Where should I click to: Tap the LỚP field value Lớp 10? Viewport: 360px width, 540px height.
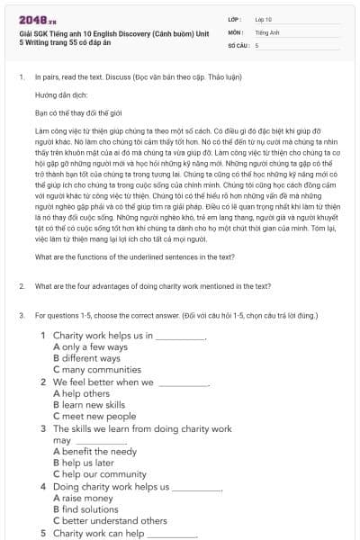[264, 18]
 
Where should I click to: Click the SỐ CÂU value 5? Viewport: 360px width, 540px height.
[257, 44]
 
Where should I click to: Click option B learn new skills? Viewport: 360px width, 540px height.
[94, 405]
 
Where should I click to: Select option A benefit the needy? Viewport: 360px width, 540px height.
[94, 452]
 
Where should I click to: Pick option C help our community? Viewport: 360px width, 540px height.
[100, 474]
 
